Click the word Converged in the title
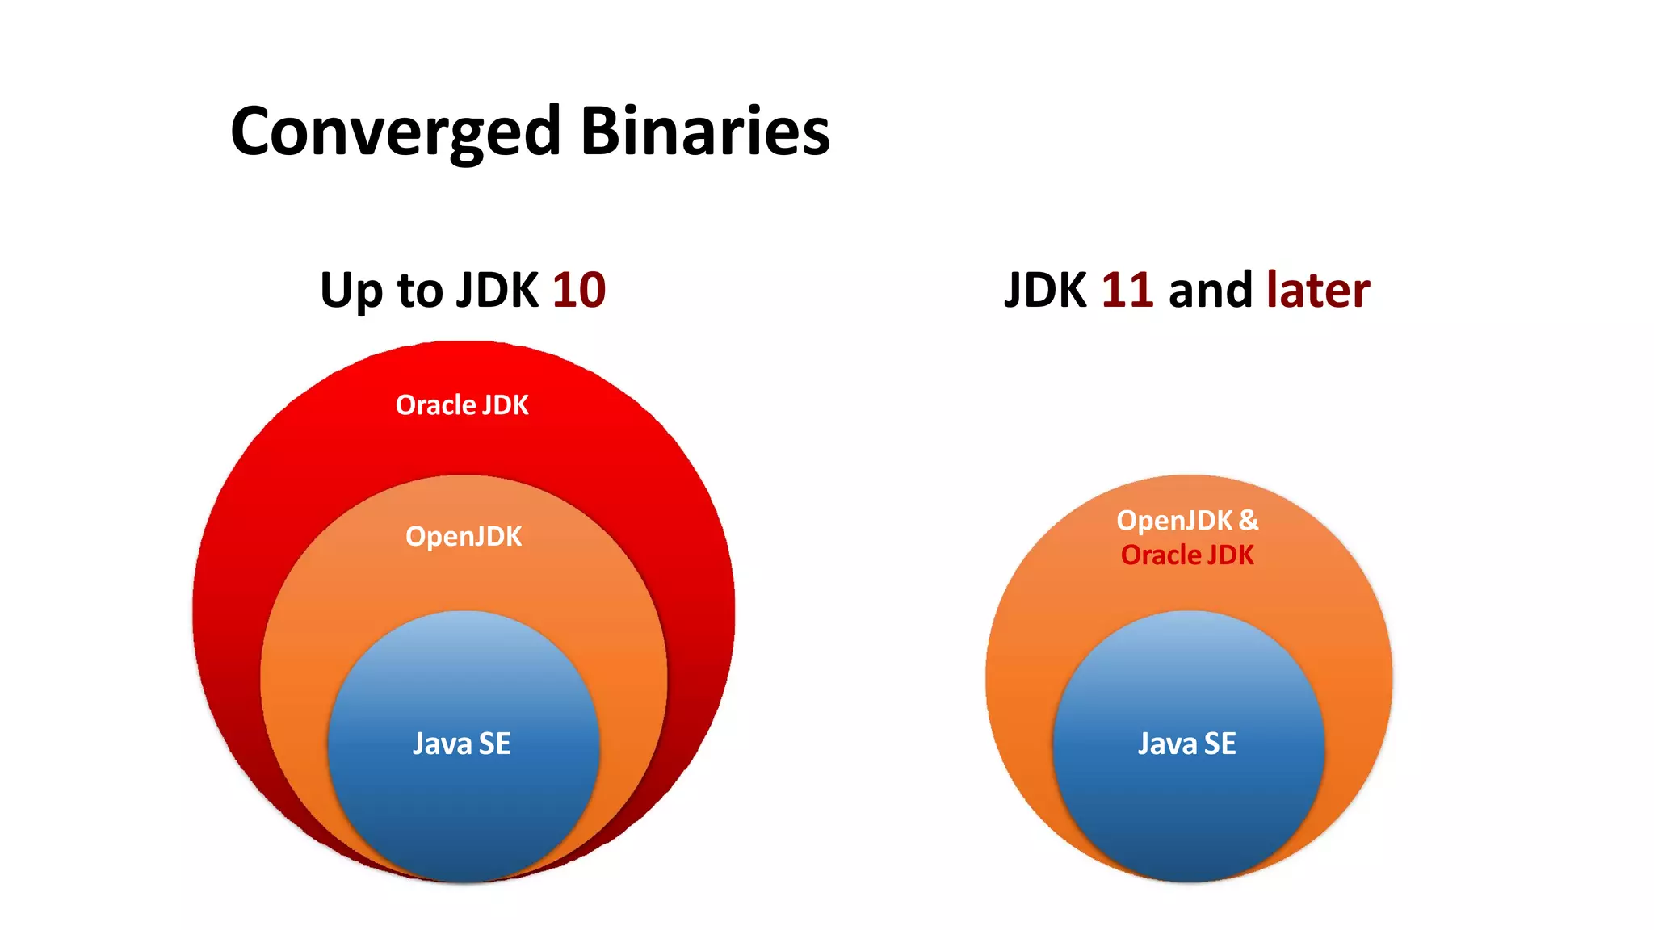395,132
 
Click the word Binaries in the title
705,132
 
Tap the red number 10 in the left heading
578,290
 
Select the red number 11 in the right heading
1127,290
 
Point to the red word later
1318,290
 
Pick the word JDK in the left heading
497,290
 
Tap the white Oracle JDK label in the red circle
462,404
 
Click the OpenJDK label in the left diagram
464,537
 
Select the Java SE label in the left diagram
462,744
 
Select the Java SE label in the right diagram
1186,744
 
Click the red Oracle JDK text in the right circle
1187,555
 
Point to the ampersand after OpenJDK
1249,521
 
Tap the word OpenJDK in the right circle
1174,521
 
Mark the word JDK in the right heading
1045,290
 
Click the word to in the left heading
420,291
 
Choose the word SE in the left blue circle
495,744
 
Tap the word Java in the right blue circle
1168,744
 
